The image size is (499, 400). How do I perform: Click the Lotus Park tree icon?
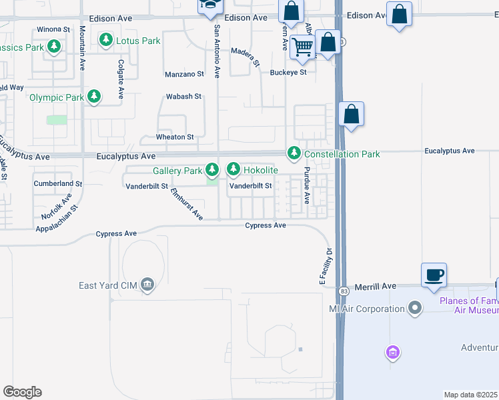(x=105, y=41)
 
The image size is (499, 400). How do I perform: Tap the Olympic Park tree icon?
(x=94, y=97)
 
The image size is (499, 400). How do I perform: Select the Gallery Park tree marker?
(x=212, y=171)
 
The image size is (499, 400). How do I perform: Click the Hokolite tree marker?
(x=233, y=170)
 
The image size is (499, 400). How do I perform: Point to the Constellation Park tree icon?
(x=294, y=154)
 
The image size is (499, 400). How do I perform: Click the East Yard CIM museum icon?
(x=148, y=286)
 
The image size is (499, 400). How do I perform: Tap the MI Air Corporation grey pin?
(x=415, y=309)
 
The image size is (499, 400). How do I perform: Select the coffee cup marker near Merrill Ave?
(x=434, y=274)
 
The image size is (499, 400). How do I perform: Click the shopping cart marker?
(x=303, y=46)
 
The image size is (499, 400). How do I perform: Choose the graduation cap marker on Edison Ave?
(x=208, y=5)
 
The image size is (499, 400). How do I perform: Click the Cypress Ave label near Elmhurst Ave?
(x=116, y=234)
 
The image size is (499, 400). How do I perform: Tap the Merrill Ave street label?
(x=376, y=286)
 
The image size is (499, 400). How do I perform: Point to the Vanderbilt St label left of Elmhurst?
(x=146, y=187)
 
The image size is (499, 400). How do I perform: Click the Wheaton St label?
(x=174, y=137)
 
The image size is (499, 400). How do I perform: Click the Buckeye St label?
(x=288, y=72)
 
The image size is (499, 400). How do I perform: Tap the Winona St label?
(x=53, y=29)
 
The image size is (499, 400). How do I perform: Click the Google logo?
(x=22, y=392)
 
